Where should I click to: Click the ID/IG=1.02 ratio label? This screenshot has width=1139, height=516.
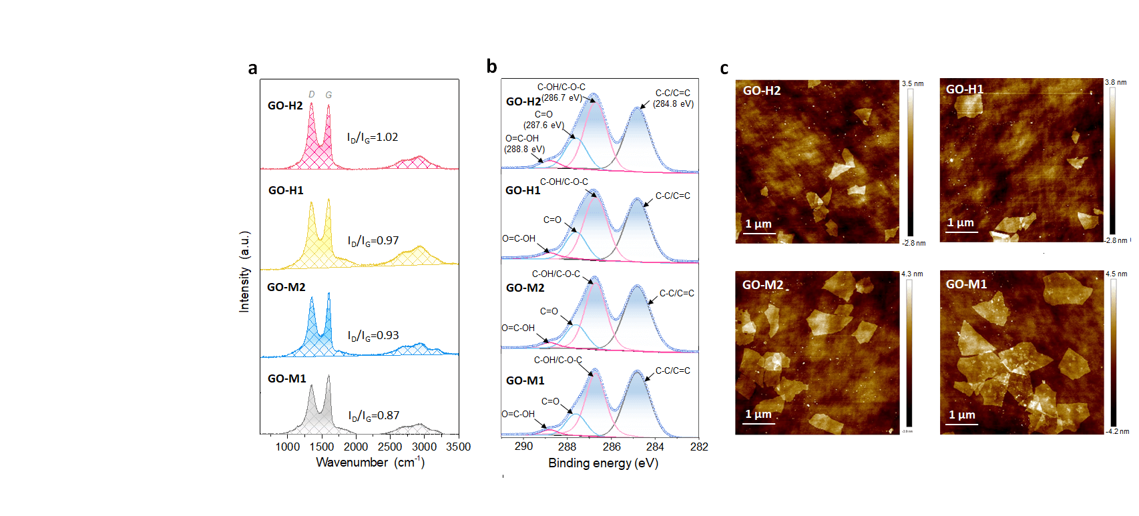[372, 138]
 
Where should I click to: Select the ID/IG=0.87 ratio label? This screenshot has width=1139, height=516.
[373, 416]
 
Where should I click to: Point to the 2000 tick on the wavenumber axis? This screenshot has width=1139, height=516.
[356, 447]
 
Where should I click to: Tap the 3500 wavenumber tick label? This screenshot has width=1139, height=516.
[458, 447]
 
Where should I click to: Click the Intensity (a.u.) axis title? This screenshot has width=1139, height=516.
[244, 272]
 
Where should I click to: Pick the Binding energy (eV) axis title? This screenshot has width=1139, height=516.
[603, 463]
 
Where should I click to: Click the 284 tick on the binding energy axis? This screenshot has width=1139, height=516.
[655, 447]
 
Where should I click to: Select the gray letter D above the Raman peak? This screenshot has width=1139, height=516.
[311, 95]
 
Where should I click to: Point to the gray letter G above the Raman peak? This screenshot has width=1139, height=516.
[328, 95]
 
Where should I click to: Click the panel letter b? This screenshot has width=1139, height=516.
[491, 66]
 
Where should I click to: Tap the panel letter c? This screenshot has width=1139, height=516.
[724, 68]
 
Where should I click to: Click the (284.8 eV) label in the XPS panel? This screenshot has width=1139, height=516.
[673, 103]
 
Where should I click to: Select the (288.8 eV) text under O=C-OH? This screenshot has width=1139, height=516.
[524, 149]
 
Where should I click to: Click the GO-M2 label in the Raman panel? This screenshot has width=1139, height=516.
[286, 287]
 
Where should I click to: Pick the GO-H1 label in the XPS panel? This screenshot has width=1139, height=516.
[523, 190]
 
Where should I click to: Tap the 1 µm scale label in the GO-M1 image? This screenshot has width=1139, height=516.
[961, 415]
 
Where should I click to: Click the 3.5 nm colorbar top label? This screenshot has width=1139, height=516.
[913, 83]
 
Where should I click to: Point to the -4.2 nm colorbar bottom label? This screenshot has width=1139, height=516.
[1118, 431]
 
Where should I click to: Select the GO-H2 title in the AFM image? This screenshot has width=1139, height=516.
[762, 91]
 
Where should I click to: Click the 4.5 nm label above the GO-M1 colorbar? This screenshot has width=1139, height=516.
[1116, 274]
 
